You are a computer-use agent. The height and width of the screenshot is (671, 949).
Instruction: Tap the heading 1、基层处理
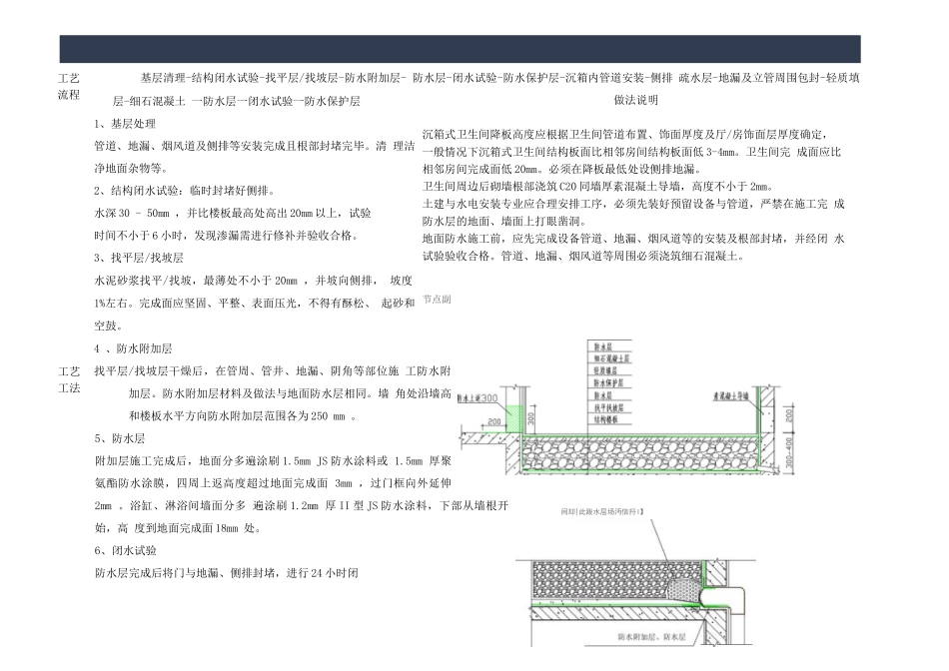(x=125, y=125)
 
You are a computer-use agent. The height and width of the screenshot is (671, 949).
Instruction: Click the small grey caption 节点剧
(x=437, y=299)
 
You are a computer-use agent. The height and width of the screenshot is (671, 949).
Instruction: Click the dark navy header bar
(x=460, y=49)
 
